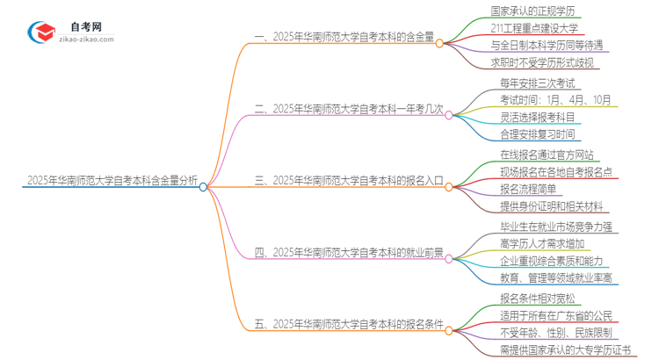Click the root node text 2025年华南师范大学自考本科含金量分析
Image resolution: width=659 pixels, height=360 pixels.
tap(101, 183)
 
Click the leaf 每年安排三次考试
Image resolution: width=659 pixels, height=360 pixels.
tap(524, 83)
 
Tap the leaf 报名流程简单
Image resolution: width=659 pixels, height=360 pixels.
tap(518, 190)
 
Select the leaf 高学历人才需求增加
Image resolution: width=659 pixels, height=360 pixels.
tap(531, 243)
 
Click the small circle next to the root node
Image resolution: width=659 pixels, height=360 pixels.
tap(203, 186)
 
